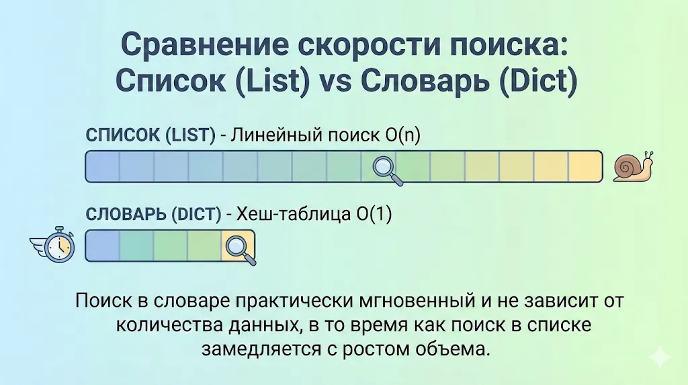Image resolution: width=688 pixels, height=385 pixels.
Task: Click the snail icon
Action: [634, 166]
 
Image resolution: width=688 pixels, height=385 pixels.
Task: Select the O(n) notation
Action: [402, 135]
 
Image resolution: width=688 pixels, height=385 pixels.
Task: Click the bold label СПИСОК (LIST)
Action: [150, 135]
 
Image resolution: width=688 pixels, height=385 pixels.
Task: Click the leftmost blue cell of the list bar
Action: [103, 167]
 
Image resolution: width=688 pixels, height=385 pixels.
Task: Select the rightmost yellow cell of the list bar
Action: [585, 167]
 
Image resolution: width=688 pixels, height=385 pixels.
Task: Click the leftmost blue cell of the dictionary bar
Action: [103, 246]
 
